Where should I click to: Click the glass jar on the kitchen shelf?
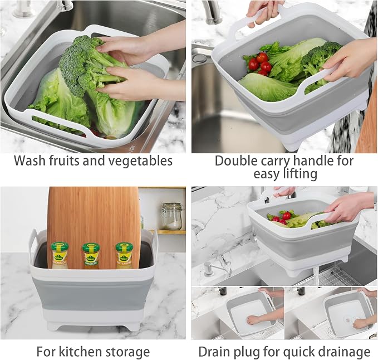pos(172,216)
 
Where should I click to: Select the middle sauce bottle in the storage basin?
pos(91,256)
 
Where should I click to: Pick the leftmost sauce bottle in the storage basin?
pos(60,256)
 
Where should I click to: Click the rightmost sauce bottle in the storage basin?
pos(124,256)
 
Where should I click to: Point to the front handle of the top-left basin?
pos(56,120)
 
